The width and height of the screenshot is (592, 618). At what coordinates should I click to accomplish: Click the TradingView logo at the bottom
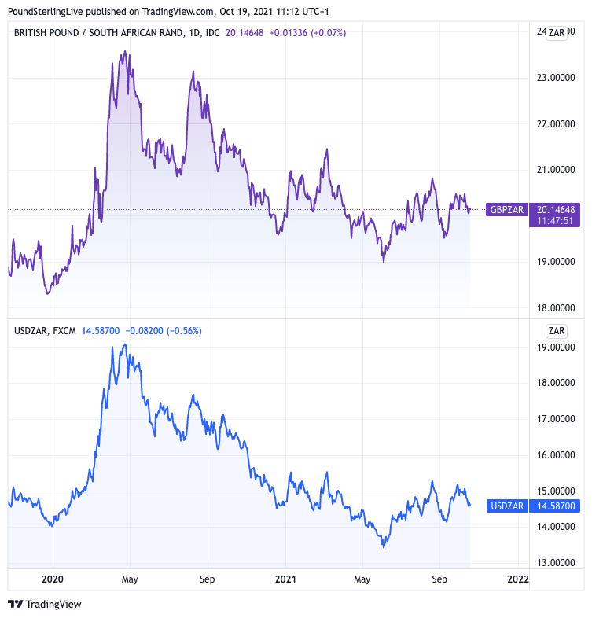(45, 604)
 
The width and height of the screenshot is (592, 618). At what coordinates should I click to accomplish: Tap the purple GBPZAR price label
(506, 210)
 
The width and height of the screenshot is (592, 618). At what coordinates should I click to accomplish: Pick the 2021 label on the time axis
(286, 579)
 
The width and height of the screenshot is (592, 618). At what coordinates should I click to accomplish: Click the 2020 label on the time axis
(53, 579)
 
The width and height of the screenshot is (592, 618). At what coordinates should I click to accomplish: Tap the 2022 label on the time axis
(518, 579)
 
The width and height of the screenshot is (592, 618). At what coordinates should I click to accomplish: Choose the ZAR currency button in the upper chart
(557, 32)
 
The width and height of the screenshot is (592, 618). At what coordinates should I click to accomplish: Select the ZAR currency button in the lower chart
(557, 331)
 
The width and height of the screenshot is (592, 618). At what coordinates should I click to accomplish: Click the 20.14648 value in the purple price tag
(556, 210)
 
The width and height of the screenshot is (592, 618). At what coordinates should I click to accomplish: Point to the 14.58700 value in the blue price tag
(556, 506)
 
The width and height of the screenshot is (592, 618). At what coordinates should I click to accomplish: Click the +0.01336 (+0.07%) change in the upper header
(307, 33)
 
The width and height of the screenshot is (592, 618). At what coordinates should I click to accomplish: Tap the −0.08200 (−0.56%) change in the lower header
(164, 331)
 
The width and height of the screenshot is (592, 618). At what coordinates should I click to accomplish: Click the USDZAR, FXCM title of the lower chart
(45, 331)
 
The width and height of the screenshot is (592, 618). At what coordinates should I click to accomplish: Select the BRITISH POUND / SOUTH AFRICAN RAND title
(97, 33)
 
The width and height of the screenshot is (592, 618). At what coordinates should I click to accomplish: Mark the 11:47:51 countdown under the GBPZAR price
(556, 222)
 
